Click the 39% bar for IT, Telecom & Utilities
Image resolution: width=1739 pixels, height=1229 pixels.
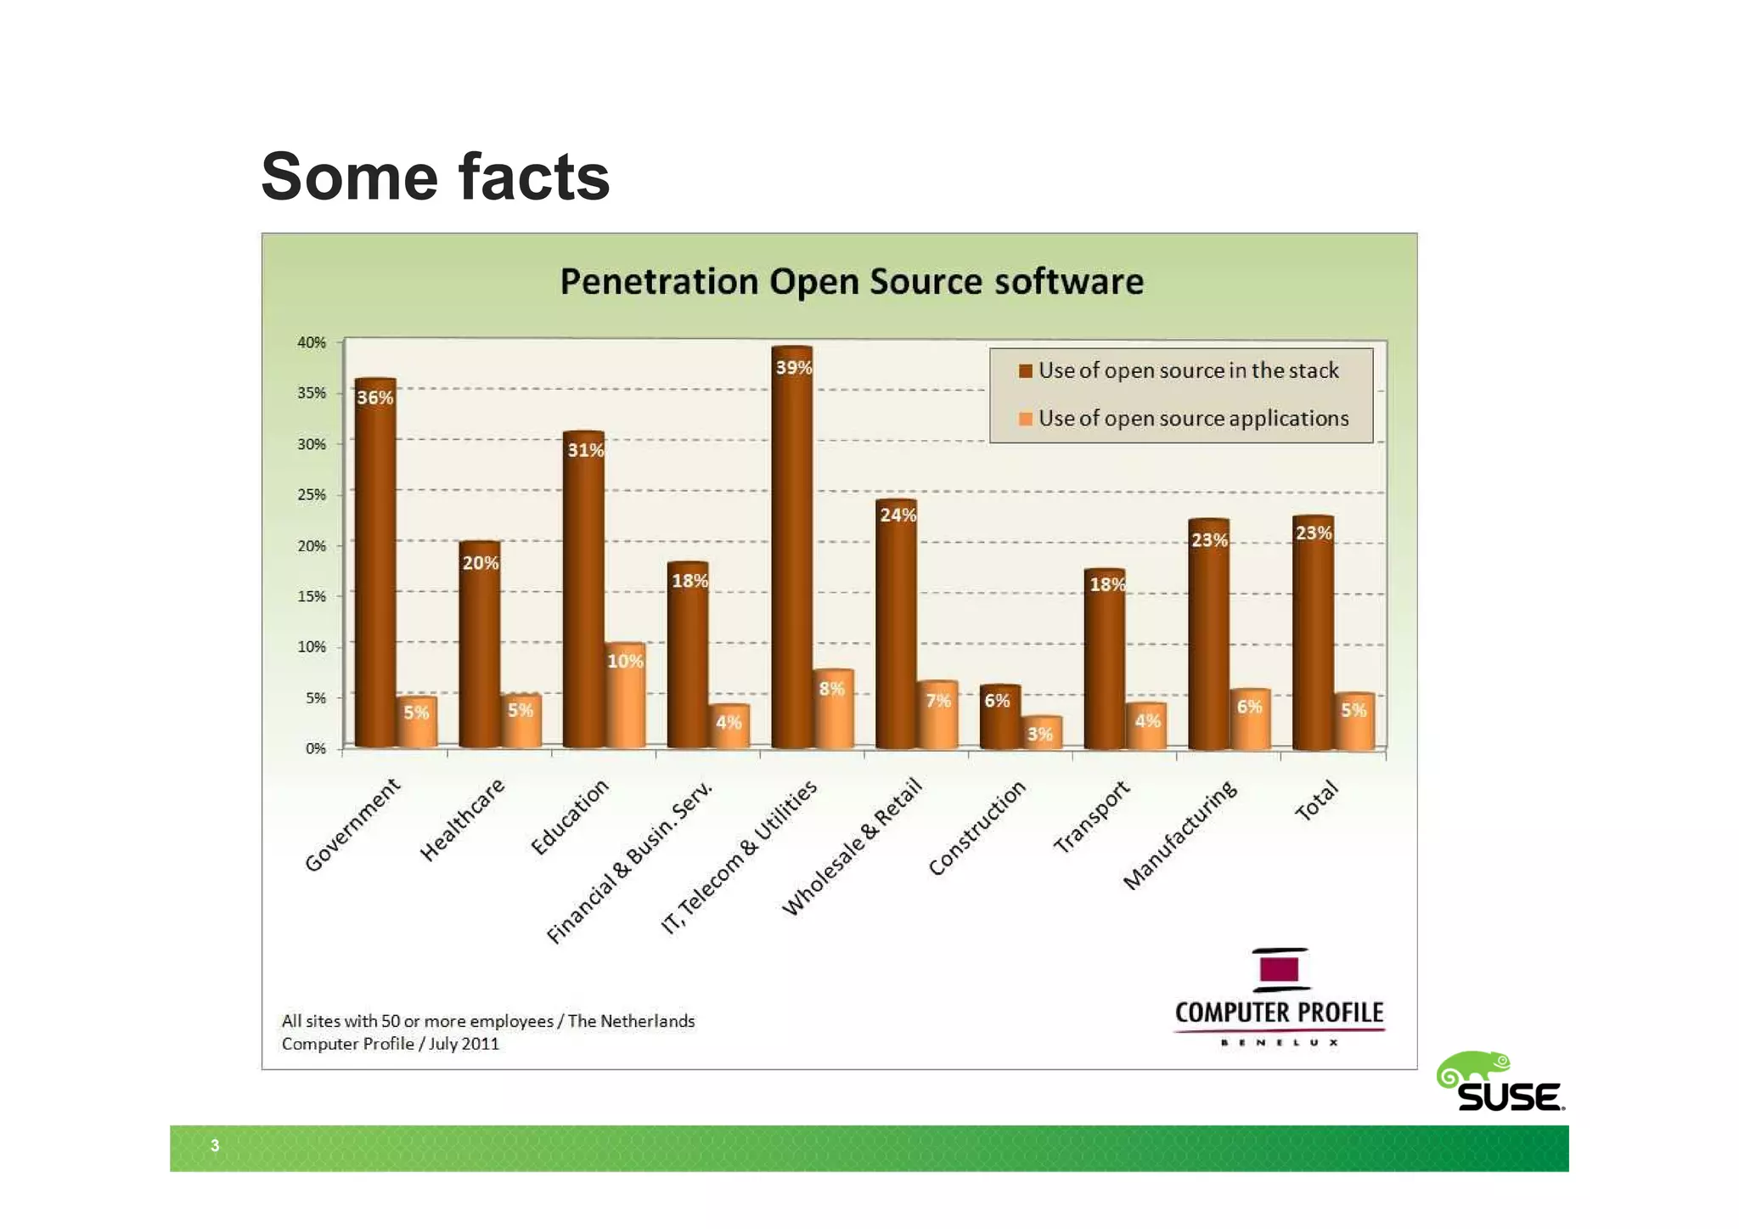(791, 552)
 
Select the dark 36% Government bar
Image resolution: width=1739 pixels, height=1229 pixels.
(374, 569)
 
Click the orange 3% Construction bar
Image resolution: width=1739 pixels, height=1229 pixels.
(1040, 733)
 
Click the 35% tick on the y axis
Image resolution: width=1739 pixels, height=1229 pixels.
(312, 393)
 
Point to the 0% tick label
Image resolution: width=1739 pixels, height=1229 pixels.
(315, 748)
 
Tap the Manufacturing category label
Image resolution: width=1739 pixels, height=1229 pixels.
(1180, 836)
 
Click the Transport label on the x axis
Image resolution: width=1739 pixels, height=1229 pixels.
(1092, 816)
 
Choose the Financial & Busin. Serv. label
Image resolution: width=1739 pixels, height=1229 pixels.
(629, 863)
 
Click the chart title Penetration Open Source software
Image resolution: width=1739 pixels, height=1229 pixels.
(852, 282)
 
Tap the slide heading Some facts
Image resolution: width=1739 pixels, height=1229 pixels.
(435, 177)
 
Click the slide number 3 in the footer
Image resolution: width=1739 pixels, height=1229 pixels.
(215, 1146)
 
